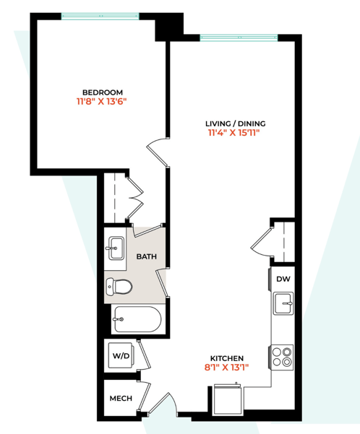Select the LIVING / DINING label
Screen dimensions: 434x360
(x=233, y=123)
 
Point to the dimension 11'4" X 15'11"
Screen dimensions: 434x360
(x=233, y=133)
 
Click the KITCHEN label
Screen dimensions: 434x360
(x=226, y=358)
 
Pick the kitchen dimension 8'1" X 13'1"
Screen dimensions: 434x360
(x=226, y=368)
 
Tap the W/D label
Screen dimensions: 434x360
(x=120, y=355)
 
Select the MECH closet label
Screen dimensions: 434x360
(x=120, y=398)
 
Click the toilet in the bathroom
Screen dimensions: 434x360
(x=120, y=287)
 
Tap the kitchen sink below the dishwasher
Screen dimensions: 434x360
(x=283, y=303)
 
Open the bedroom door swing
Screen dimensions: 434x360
(x=157, y=152)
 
